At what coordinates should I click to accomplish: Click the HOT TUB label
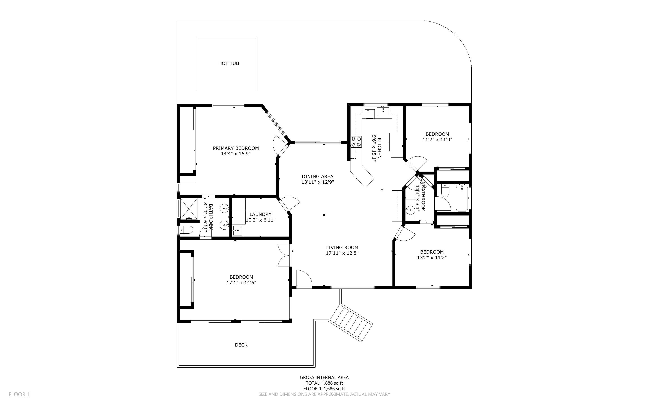point(228,63)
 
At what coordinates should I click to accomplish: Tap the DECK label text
point(241,345)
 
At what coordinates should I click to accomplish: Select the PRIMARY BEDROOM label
point(236,148)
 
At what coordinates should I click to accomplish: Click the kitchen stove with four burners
point(356,142)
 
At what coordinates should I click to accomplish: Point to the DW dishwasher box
point(370,114)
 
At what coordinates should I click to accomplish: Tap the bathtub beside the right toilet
point(462,198)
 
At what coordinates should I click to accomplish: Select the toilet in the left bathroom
point(187,230)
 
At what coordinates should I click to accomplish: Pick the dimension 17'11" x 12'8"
point(342,253)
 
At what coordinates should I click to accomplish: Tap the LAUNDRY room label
point(260,214)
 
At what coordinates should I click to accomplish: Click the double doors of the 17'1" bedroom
point(284,256)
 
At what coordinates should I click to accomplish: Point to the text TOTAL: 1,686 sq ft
point(324,383)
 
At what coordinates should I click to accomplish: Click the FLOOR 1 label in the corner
point(19,394)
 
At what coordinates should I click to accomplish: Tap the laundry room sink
point(237,230)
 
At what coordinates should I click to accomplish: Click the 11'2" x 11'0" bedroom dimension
point(437,140)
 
